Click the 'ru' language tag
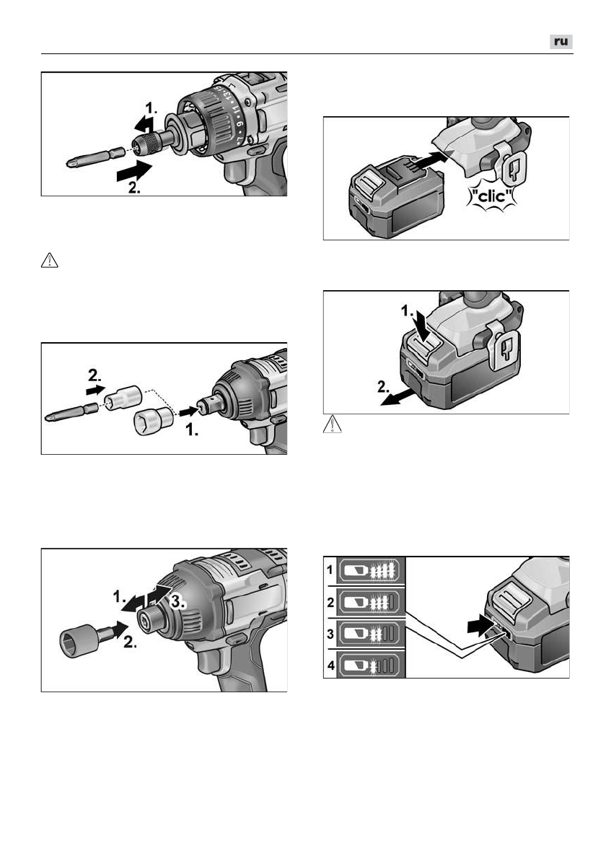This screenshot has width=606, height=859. pyautogui.click(x=561, y=42)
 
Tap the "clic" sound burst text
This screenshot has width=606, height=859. pyautogui.click(x=491, y=196)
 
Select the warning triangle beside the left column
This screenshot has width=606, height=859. pyautogui.click(x=49, y=260)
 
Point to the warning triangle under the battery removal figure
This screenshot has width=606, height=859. pyautogui.click(x=333, y=424)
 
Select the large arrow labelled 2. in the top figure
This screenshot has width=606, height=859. pyautogui.click(x=134, y=172)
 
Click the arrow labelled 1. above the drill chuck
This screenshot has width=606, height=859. pyautogui.click(x=144, y=124)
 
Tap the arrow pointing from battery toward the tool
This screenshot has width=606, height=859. pyautogui.click(x=426, y=162)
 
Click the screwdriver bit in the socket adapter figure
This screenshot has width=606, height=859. pyautogui.click(x=71, y=413)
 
